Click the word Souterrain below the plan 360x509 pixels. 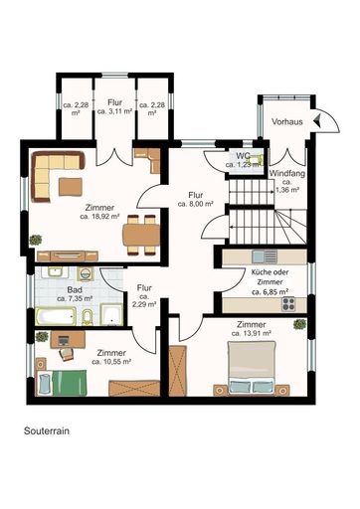point(49,433)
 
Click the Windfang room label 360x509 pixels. point(288,173)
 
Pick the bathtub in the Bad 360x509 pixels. point(59,317)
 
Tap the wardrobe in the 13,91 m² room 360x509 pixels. point(180,371)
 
